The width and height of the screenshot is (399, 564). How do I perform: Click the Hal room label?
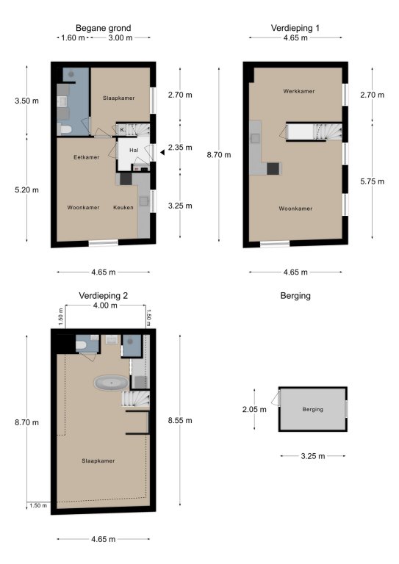[x=134, y=150]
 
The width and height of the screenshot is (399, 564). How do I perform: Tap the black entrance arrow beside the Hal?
[x=162, y=153]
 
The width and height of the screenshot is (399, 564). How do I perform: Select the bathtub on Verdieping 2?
[x=111, y=383]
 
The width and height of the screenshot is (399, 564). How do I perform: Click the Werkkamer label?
[x=298, y=91]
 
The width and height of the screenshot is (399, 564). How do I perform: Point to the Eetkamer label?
[x=87, y=157]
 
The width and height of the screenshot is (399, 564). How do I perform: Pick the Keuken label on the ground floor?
[x=123, y=207]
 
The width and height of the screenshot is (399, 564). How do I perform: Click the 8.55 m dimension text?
[x=180, y=421]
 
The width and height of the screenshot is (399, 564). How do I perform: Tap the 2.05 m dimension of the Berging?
[x=254, y=409]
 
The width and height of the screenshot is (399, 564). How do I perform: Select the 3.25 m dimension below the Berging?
[x=312, y=456]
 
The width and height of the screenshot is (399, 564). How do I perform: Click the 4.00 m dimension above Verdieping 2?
[x=105, y=305]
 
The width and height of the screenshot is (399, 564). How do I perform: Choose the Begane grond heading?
[x=104, y=28]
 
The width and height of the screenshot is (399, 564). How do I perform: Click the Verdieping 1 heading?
[x=295, y=28]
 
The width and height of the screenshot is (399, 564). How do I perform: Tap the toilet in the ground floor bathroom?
[x=65, y=129]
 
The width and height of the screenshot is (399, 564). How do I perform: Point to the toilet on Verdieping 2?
[x=81, y=346]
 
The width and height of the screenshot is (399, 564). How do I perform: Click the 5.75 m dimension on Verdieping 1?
[x=372, y=181]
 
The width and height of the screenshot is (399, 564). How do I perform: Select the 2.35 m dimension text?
[x=180, y=148]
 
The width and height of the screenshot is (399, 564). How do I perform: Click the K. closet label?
[x=122, y=129]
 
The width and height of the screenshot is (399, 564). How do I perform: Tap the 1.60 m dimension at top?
[x=73, y=37]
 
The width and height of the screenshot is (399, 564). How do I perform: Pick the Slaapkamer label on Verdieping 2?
[x=98, y=460]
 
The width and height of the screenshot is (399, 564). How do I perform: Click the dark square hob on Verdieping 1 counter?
[x=273, y=169]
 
